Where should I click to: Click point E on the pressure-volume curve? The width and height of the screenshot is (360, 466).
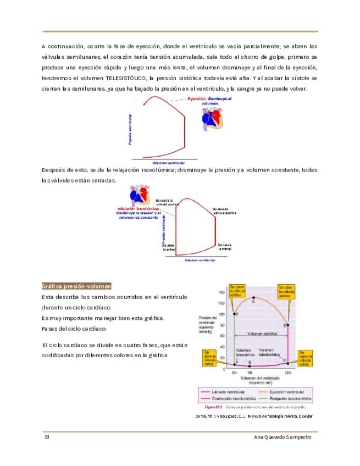coord(253,298)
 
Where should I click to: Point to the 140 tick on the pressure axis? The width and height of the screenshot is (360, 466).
coord(221,292)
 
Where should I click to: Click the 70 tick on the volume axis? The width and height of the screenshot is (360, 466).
coord(250,373)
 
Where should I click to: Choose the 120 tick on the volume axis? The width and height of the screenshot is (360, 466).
coord(287,373)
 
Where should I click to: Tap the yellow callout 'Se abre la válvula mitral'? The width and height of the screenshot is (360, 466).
coord(209,358)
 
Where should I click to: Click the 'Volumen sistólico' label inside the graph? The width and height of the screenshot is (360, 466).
coord(262,334)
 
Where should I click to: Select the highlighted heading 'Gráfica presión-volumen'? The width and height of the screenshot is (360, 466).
coord(77,286)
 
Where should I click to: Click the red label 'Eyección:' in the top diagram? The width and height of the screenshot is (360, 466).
coord(197,99)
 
